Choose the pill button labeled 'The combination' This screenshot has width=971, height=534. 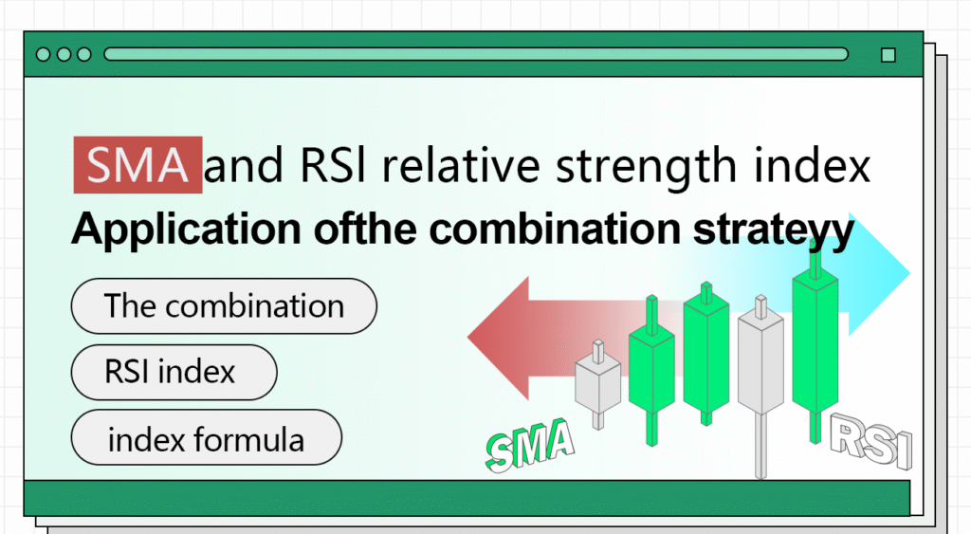[224, 305]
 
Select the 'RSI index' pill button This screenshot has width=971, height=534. [174, 372]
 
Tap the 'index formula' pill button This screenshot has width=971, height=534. [206, 439]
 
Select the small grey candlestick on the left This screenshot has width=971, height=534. [599, 387]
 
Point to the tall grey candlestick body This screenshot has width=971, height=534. [760, 365]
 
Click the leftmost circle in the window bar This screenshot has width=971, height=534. [44, 54]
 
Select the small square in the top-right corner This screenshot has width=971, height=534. [888, 55]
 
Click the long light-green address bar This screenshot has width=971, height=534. [474, 54]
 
